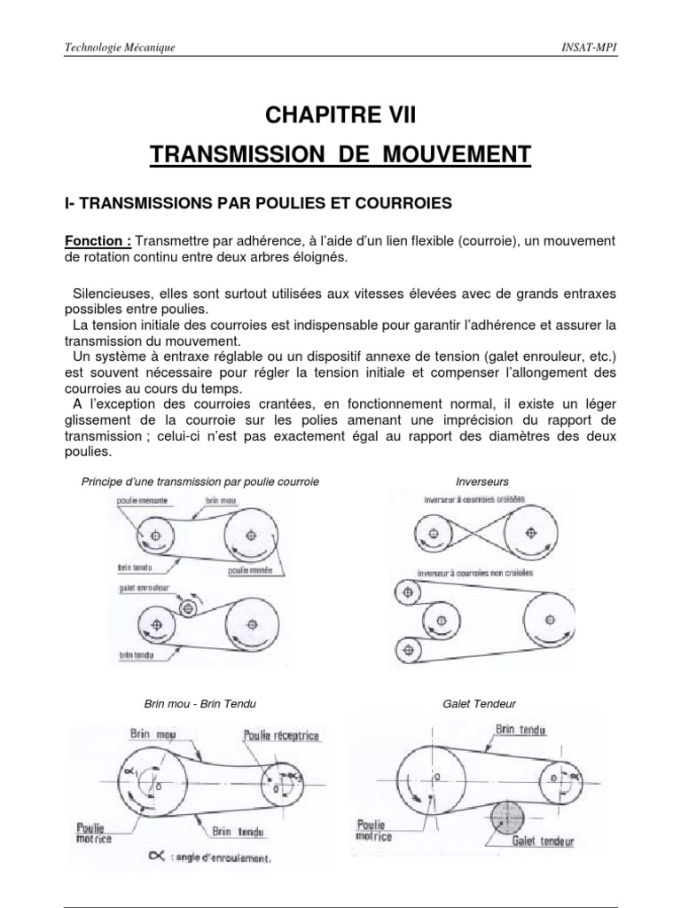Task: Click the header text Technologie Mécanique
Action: coord(120,47)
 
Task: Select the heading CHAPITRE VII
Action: coord(340,115)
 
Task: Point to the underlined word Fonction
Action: coord(98,241)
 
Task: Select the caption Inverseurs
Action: coord(481,481)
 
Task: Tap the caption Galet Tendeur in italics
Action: coord(479,703)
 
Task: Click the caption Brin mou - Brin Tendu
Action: coord(200,703)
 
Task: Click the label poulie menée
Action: coord(248,570)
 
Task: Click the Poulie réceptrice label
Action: coord(281,735)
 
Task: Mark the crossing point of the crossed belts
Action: coord(481,534)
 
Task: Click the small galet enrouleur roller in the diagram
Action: coord(188,608)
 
